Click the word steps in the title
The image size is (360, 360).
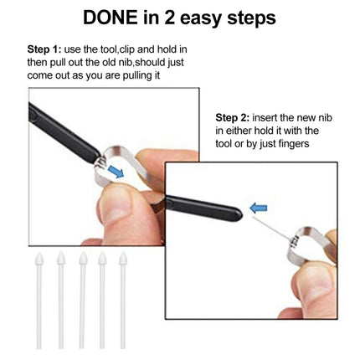click(x=263, y=18)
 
